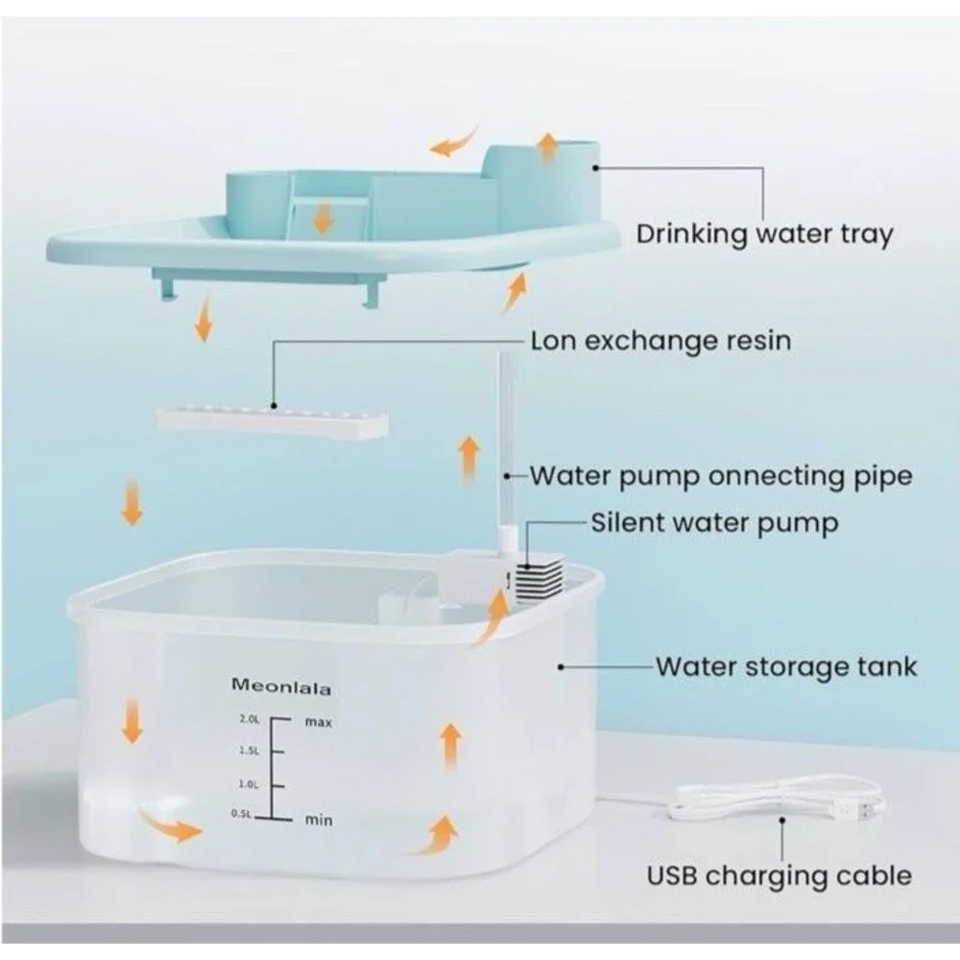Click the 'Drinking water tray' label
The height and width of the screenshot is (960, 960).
764,234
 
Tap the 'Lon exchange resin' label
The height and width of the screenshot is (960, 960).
660,341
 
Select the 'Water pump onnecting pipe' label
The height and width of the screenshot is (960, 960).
721,476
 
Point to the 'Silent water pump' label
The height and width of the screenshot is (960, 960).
714,524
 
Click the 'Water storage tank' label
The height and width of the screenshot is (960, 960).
787,667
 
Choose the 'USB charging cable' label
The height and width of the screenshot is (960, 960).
780,876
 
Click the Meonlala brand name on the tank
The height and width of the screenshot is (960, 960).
281,687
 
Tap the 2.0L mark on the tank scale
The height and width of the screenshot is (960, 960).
250,719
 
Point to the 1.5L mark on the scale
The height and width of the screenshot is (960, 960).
250,751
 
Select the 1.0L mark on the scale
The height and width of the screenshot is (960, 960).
249,784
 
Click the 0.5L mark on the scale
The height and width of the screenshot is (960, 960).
241,814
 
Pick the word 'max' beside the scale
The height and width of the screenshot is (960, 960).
319,723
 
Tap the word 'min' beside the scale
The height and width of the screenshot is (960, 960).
319,819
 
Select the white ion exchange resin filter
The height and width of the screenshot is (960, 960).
273,422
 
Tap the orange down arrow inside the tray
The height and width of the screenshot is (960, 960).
323,218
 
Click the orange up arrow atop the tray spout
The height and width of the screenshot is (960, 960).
547,147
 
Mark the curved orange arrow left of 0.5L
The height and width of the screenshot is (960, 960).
171,826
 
